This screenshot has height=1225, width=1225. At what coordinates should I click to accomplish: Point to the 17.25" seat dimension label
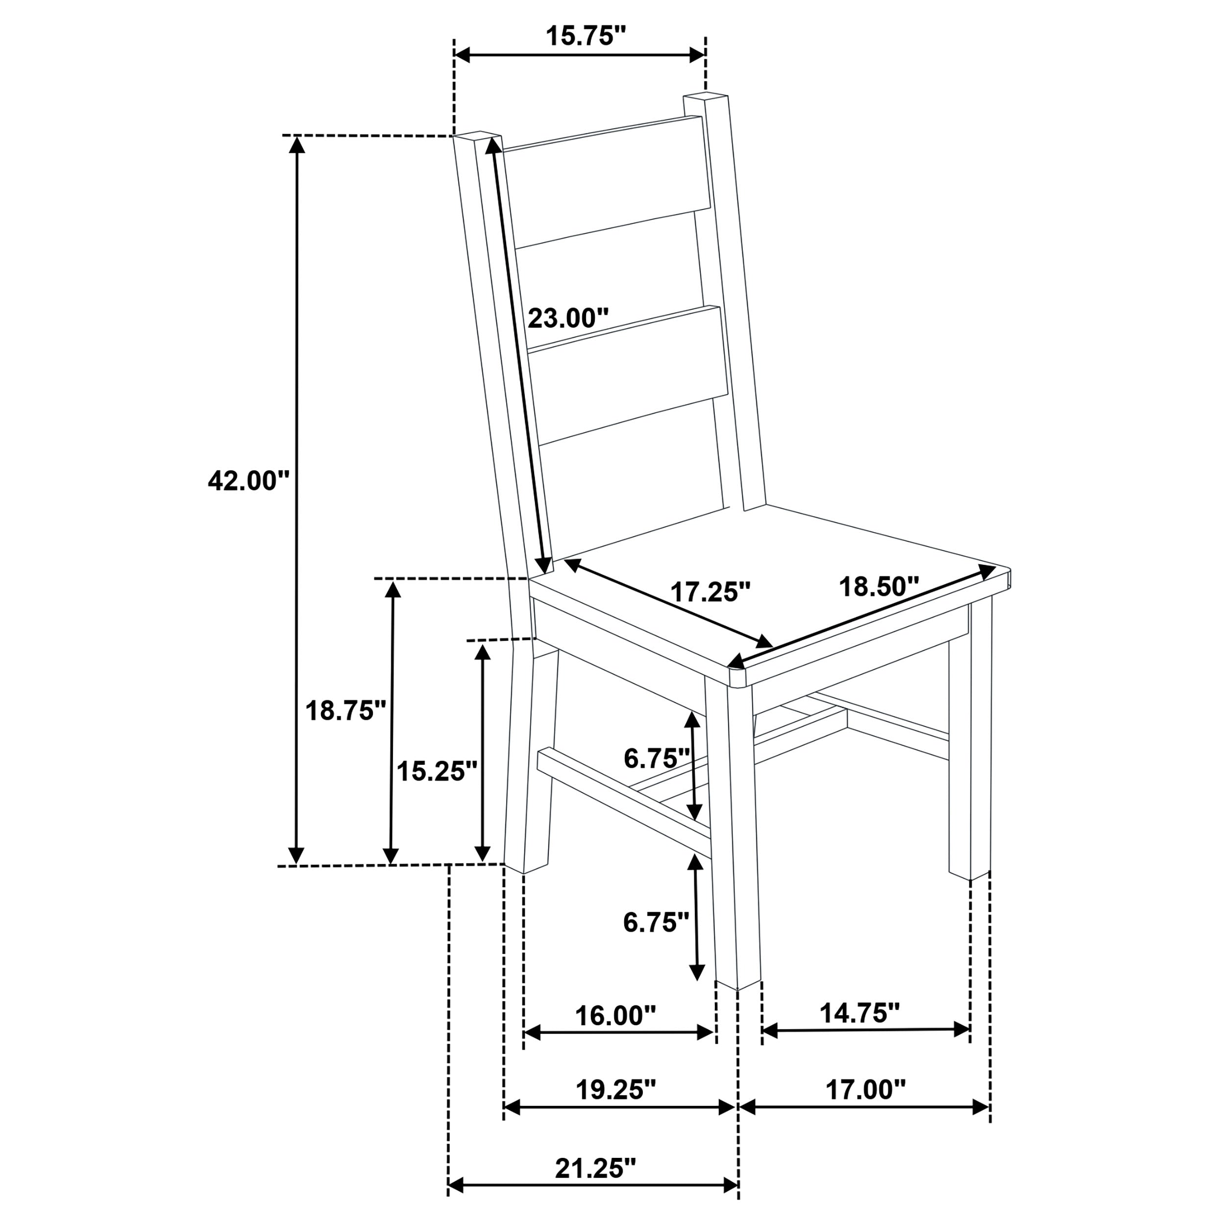pyautogui.click(x=710, y=592)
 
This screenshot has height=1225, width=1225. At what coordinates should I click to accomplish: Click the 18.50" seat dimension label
pyautogui.click(x=878, y=587)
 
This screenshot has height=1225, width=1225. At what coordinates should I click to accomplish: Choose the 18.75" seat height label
pyautogui.click(x=345, y=711)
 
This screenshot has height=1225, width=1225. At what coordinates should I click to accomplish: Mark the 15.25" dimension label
pyautogui.click(x=436, y=772)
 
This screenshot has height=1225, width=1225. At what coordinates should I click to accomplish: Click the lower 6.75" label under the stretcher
pyautogui.click(x=656, y=922)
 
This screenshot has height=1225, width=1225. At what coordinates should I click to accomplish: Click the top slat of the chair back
pyautogui.click(x=609, y=181)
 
